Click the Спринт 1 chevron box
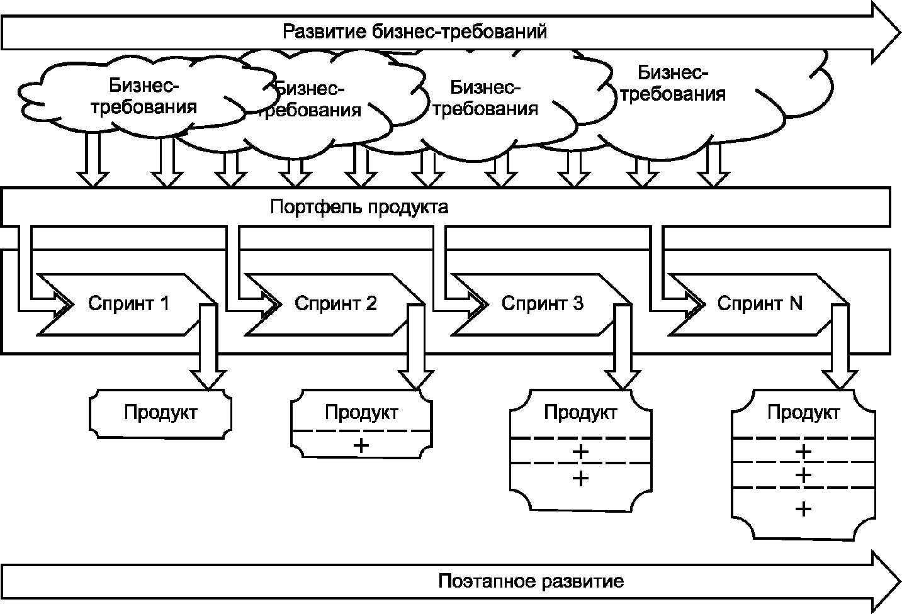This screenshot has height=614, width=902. (x=126, y=304)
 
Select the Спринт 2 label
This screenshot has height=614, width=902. (x=335, y=303)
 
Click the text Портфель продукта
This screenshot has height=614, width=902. (x=359, y=207)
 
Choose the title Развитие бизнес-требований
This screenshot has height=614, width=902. (x=415, y=31)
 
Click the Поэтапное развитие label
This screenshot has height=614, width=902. (x=531, y=581)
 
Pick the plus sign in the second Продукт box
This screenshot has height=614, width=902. (x=361, y=445)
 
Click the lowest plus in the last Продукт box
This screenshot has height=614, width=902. (x=803, y=508)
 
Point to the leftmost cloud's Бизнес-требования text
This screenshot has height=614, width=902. (x=144, y=95)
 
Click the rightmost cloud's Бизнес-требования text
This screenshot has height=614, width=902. (x=673, y=84)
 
